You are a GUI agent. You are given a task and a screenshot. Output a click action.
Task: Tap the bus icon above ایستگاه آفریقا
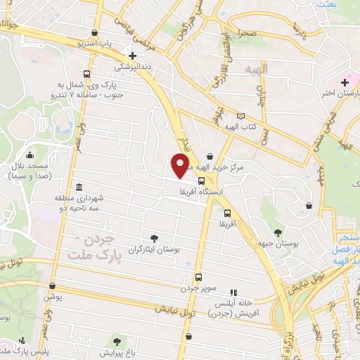202,181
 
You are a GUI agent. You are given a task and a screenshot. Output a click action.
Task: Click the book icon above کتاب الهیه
242,116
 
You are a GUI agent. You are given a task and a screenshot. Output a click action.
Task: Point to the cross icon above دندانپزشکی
131,56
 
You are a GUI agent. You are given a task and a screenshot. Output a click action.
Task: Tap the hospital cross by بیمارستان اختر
344,82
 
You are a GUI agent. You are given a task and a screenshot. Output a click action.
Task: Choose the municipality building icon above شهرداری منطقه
78,188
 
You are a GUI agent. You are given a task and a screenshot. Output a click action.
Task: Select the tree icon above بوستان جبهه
278,232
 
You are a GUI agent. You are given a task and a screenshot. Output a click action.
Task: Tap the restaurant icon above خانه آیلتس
235,292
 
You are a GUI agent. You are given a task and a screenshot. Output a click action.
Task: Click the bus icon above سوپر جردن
199,277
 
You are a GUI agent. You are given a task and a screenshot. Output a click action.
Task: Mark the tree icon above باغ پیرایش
117,340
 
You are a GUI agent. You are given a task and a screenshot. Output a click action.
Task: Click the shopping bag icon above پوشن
50,287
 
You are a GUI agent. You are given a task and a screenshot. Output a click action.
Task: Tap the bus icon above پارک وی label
86,74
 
